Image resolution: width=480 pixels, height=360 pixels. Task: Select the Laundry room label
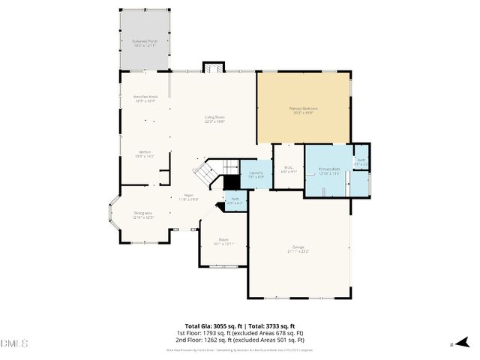coord(256,175)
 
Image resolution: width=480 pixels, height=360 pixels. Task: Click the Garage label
coord(298,248)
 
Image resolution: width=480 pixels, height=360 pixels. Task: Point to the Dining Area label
coord(143,215)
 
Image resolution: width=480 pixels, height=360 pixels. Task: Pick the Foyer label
coord(187,197)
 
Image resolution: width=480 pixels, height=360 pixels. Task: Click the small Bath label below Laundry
coord(235,200)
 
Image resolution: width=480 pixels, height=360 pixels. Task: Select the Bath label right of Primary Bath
coord(361,161)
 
